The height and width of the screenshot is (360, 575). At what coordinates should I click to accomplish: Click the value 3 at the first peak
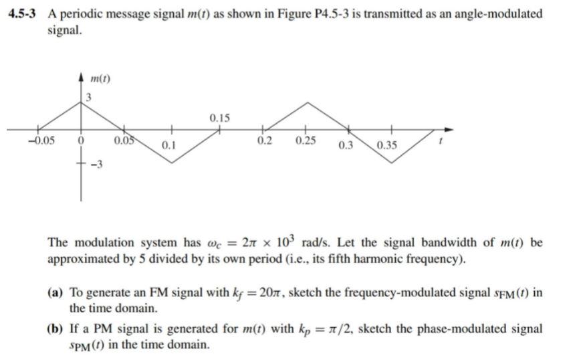pos(87,100)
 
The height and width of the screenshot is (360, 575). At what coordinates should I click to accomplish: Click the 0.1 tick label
pos(168,145)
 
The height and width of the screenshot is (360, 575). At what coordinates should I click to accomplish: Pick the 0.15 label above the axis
pos(219,118)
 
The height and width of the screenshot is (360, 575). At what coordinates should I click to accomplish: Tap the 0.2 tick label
pos(264,141)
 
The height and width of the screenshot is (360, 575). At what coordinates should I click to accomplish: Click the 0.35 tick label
pos(386,146)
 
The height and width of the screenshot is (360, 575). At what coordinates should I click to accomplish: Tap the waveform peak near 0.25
pos(307,102)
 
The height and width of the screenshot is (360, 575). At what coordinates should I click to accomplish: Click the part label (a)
pos(56,293)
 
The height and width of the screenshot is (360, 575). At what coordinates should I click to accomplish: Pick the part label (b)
pos(56,330)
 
